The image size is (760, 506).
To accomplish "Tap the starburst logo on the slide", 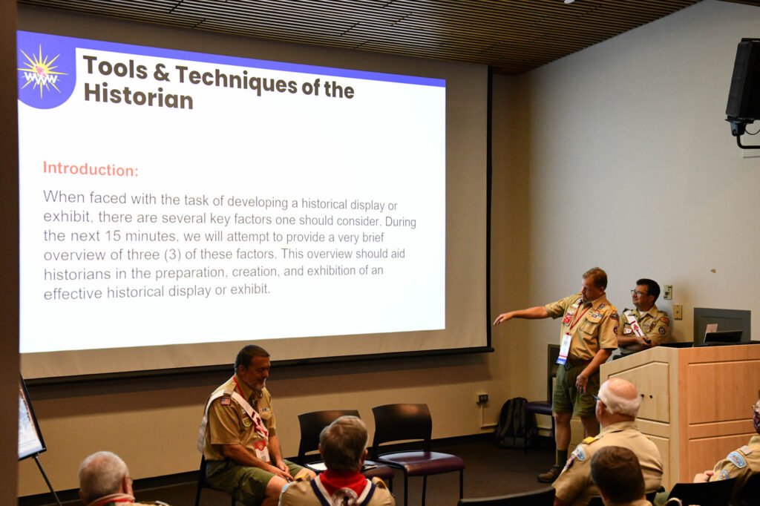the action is [x=42, y=73].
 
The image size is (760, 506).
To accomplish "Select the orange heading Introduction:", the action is [x=91, y=168].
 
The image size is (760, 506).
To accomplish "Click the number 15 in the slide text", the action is [x=113, y=236].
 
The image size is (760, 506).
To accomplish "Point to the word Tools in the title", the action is [x=115, y=67].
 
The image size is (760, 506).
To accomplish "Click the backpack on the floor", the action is [x=511, y=421].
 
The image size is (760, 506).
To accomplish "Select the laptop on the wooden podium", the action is [x=723, y=338].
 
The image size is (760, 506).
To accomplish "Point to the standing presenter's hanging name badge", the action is [x=564, y=347].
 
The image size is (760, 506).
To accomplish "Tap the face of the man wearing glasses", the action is [x=639, y=295].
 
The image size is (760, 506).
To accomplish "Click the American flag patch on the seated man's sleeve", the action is [x=226, y=401].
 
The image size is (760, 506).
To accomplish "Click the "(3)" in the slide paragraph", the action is [x=172, y=254].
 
